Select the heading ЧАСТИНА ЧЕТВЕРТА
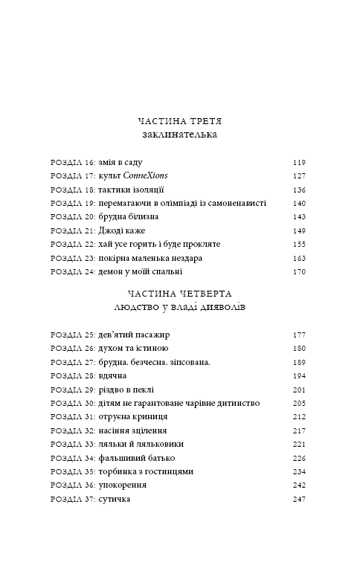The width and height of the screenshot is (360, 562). coord(181,294)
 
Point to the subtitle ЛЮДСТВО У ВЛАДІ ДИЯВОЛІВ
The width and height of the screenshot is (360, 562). coord(181,309)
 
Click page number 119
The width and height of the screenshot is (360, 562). coord(299,163)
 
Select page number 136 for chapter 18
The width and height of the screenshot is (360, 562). coord(299,190)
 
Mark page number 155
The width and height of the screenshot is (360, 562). coord(299,244)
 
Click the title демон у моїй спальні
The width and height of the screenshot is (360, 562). coord(140,271)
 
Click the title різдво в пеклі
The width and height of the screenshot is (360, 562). coord(126,390)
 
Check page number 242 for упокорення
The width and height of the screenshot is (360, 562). coord(299,485)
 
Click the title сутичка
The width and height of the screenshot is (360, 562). coord(114,499)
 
